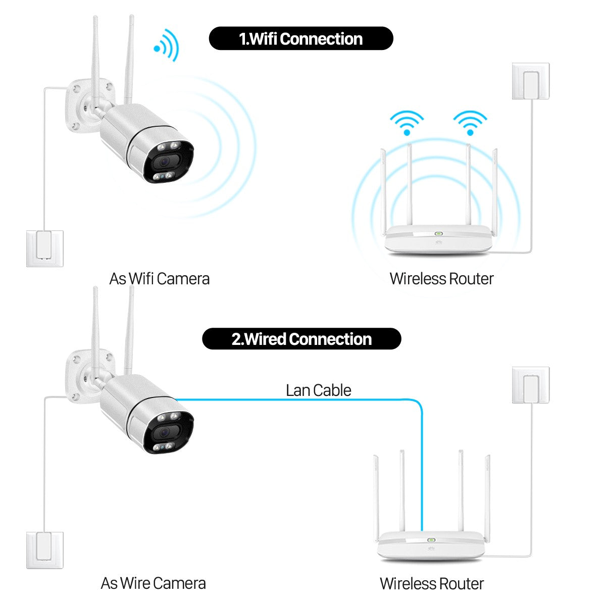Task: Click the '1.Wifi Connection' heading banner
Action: tap(300, 39)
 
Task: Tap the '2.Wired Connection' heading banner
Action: tap(301, 339)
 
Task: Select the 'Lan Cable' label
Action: tap(318, 390)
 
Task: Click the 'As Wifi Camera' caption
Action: tap(159, 278)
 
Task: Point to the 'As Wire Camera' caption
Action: tap(153, 583)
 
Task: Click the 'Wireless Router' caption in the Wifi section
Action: tap(441, 278)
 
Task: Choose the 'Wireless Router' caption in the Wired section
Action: tap(432, 583)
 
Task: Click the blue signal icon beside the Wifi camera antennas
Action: tap(167, 46)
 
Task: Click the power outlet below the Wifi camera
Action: tap(45, 248)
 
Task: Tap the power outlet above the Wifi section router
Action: tap(530, 81)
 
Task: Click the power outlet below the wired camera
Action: tap(45, 550)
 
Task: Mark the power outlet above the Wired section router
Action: tap(530, 385)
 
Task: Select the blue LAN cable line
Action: tap(303, 399)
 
